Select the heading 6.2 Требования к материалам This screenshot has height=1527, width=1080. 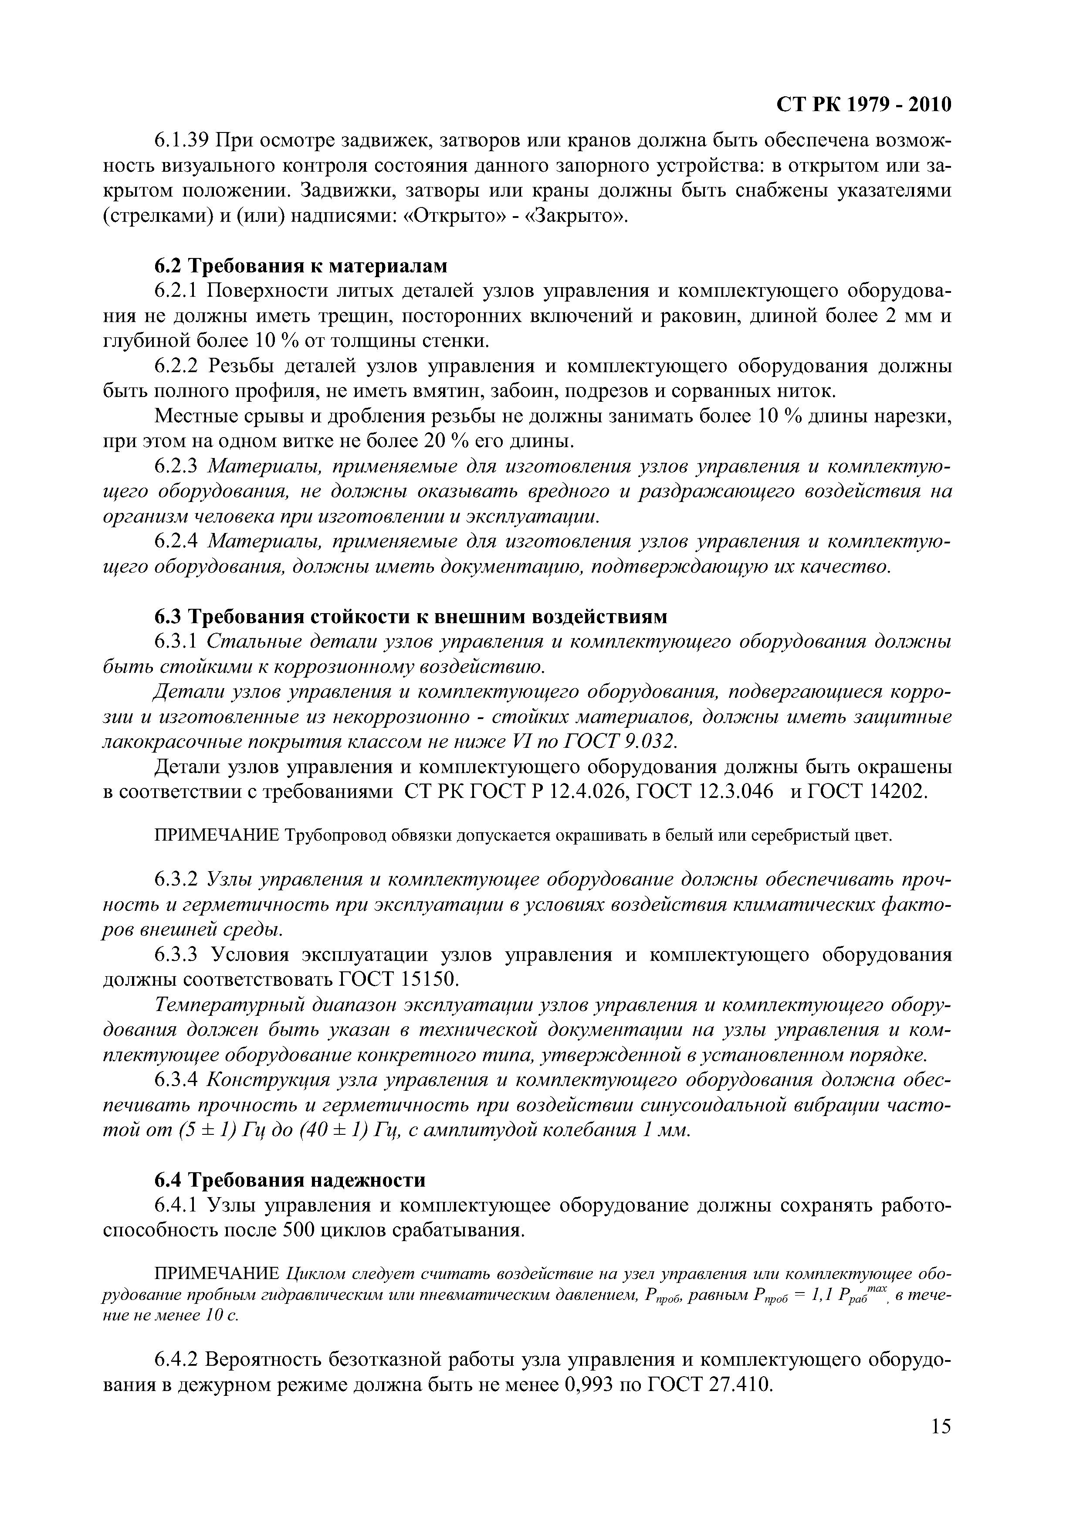click(x=301, y=265)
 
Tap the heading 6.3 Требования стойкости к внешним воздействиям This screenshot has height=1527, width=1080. click(x=410, y=617)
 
